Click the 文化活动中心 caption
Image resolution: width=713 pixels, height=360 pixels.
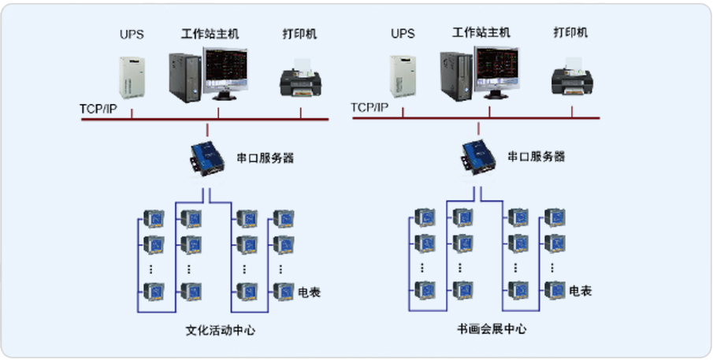pyautogui.click(x=220, y=330)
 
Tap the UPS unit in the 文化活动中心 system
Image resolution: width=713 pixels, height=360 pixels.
pyautogui.click(x=132, y=76)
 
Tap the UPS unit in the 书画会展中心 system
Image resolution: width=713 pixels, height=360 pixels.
pyautogui.click(x=402, y=76)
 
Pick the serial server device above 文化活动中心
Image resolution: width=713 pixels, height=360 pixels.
pyautogui.click(x=206, y=155)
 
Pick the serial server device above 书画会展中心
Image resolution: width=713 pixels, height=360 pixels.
pyautogui.click(x=477, y=155)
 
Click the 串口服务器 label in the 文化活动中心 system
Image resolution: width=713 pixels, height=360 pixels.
pyautogui.click(x=266, y=157)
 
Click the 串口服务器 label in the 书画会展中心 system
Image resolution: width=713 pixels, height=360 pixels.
pyautogui.click(x=537, y=157)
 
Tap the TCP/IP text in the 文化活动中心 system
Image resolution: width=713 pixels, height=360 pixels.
pyautogui.click(x=98, y=108)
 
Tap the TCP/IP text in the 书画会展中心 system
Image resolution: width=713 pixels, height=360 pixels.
pyautogui.click(x=369, y=108)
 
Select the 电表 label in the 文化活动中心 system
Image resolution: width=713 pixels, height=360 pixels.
pyautogui.click(x=309, y=292)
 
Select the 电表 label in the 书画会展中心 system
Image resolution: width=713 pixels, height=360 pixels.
pyautogui.click(x=580, y=291)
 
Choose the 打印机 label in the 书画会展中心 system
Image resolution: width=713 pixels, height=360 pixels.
pyautogui.click(x=570, y=33)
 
